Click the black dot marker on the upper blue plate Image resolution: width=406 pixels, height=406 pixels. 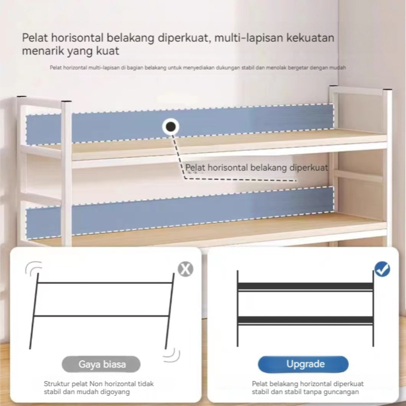tap(171, 127)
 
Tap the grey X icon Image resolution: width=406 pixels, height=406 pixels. tap(185, 269)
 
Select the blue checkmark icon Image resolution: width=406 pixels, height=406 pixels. tap(382, 269)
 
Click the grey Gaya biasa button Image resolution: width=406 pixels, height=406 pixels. tap(101, 364)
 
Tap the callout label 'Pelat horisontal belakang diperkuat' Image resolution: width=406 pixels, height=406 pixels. tap(257, 168)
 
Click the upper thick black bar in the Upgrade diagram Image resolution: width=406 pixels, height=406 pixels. tap(305, 286)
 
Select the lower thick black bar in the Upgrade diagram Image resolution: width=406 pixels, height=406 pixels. tap(305, 320)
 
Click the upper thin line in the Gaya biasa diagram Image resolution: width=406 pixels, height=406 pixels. tap(105, 283)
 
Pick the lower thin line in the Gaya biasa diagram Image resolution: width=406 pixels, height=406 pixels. tap(101, 316)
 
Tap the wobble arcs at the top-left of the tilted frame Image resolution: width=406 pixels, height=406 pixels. tap(33, 268)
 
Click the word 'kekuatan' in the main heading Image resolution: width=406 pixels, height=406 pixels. tap(310, 38)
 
